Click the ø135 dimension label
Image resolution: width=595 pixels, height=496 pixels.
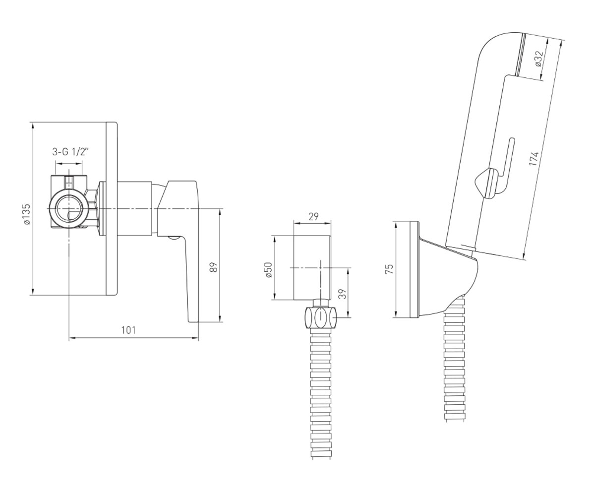[27, 214]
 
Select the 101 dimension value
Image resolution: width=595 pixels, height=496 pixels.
[128, 330]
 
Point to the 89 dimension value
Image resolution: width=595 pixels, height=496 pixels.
[215, 267]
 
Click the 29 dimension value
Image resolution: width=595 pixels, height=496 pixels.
[313, 217]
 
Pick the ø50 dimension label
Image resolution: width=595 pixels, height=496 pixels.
[269, 270]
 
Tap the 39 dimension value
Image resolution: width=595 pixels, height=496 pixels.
[344, 294]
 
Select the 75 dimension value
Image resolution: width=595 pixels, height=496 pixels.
[389, 269]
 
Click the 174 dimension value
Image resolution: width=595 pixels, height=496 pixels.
[534, 159]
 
